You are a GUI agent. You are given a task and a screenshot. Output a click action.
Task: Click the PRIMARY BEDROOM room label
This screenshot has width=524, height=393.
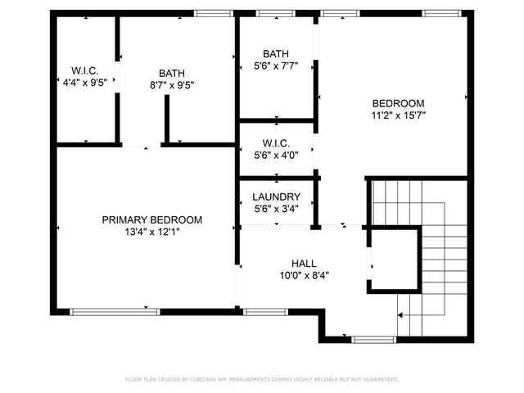(151, 219)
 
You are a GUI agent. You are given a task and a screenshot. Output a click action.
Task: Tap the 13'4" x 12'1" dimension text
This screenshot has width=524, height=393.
(151, 232)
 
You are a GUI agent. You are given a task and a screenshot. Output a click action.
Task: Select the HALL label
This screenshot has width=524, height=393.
(304, 263)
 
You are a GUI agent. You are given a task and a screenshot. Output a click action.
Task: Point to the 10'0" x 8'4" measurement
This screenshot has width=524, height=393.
(304, 275)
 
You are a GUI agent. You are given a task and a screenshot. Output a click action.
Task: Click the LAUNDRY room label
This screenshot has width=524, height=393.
(276, 197)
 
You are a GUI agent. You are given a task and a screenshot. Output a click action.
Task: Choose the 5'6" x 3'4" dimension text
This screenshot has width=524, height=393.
(276, 209)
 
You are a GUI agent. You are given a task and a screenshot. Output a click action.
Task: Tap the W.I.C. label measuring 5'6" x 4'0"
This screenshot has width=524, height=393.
(276, 142)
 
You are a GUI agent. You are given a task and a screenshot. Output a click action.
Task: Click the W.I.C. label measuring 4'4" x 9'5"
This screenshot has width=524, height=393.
(84, 70)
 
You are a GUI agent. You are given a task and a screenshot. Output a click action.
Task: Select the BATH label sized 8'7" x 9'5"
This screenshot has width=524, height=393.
(172, 73)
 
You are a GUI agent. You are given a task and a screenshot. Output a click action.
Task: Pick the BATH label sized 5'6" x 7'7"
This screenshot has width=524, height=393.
(276, 54)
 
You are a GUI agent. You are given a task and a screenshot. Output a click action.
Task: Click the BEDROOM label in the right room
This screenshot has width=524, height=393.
(398, 103)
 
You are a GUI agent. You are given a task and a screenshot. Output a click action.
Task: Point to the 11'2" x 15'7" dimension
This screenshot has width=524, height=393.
(398, 115)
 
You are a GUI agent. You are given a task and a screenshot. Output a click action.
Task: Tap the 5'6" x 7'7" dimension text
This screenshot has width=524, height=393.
(276, 66)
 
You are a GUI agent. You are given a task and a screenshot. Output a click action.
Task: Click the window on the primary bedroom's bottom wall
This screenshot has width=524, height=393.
(115, 311)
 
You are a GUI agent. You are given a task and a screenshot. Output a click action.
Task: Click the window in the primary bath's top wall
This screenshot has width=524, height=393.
(212, 13)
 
